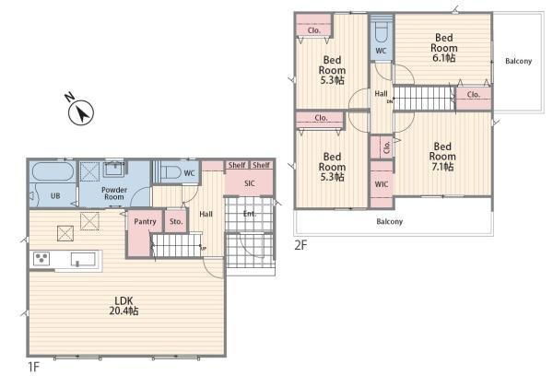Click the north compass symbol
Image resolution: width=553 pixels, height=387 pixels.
tap(81, 112)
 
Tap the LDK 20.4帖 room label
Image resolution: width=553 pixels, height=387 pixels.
tap(124, 306)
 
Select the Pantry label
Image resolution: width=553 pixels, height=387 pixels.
tap(145, 222)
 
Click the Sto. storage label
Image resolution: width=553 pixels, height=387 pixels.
tap(176, 221)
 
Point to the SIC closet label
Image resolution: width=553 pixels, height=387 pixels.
tap(250, 183)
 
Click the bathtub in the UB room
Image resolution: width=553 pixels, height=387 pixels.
tap(53, 171)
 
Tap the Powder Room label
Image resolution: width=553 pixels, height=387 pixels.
tap(114, 193)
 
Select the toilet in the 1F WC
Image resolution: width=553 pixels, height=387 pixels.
tap(171, 172)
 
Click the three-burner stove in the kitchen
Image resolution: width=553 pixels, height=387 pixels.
tap(41, 259)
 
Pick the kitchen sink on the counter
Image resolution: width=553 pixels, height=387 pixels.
tap(83, 259)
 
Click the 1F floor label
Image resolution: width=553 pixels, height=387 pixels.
tap(33, 368)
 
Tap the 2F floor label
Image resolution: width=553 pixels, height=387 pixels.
tap(300, 245)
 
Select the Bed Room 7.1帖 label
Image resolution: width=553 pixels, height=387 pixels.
tap(442, 157)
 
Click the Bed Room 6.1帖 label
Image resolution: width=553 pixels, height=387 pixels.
tap(443, 48)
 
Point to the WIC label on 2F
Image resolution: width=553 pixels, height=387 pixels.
tap(382, 184)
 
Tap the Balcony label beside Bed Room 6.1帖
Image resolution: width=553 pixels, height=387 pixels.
tap(518, 62)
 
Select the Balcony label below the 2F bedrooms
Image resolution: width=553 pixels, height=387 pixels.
tap(389, 222)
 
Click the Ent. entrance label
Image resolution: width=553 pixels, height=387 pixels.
tap(250, 214)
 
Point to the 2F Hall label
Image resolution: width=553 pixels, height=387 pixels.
tap(381, 94)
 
